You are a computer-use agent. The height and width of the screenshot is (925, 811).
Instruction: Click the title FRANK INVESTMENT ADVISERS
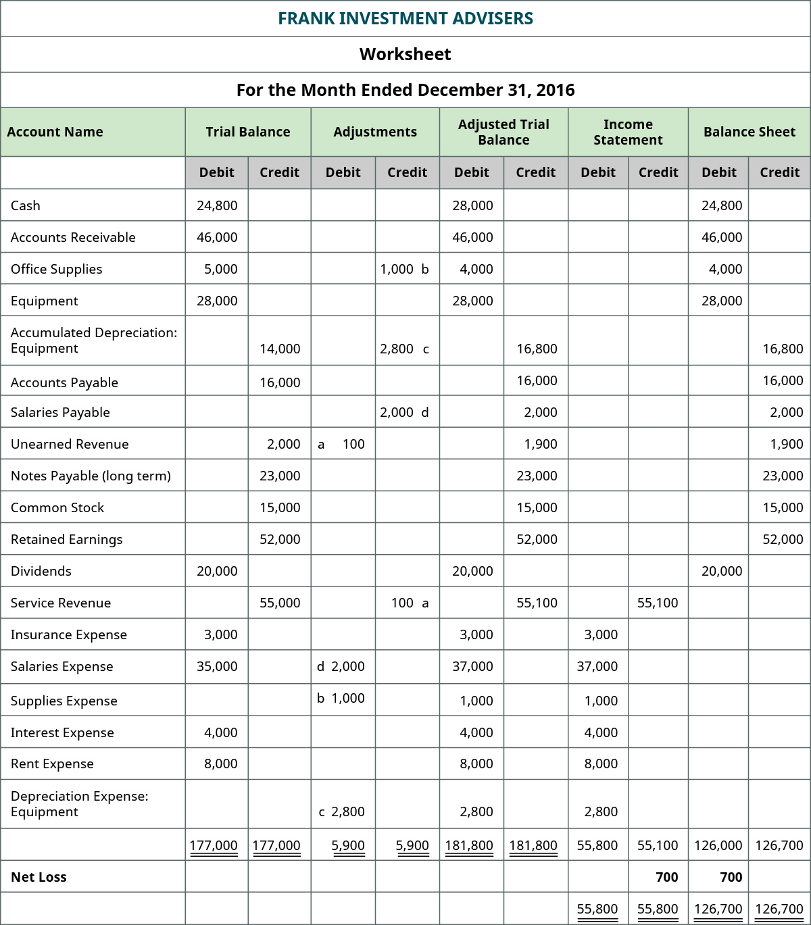coord(405,18)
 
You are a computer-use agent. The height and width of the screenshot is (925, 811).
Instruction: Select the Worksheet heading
coord(405,54)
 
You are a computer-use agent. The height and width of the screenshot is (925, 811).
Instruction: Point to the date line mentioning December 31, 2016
coord(405,90)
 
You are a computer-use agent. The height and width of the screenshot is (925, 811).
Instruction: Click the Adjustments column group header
coord(375,132)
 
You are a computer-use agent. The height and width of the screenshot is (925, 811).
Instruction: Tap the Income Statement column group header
coord(628,132)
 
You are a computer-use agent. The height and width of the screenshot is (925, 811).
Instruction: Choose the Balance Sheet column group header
coord(749,132)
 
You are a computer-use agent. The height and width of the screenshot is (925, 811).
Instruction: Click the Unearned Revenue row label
coord(70,444)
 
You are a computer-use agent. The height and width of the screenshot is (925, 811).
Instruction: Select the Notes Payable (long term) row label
coord(91,476)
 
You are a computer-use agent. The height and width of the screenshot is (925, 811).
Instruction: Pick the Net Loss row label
coord(39,877)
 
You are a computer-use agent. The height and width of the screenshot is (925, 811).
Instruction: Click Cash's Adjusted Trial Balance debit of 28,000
coord(472,205)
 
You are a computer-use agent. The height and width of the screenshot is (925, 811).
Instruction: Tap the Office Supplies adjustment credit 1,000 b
coord(404,269)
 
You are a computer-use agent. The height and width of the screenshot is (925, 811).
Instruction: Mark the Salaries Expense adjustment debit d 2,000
coord(341,666)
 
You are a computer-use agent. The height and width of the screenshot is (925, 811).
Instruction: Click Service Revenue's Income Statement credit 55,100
coord(658,603)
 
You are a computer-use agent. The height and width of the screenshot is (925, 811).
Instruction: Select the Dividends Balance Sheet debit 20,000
coord(722,571)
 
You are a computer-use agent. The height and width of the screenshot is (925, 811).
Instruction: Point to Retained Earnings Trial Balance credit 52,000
coord(280,539)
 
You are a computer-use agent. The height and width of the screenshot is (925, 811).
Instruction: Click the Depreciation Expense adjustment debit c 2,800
coord(341,811)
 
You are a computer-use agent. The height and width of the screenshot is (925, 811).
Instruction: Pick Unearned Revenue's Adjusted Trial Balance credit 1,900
coord(541,444)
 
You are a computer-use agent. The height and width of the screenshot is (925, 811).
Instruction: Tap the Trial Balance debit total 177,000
coord(214,845)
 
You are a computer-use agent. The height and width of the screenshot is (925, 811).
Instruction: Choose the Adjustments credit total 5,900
coord(412,845)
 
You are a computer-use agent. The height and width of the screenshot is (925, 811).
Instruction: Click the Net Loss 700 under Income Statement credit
coord(666,877)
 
